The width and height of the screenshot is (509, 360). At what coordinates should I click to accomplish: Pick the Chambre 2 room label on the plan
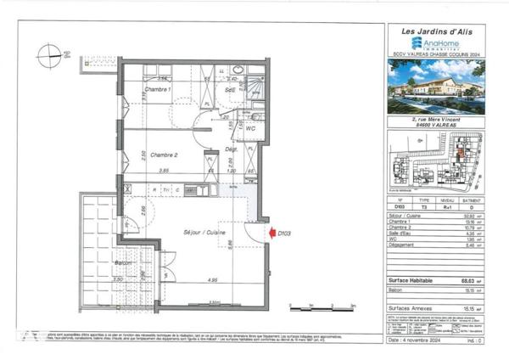[x=163, y=155]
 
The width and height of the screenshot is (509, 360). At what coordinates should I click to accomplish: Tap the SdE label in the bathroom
[x=230, y=89]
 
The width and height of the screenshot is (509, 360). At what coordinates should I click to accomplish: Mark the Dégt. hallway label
[x=230, y=147]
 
